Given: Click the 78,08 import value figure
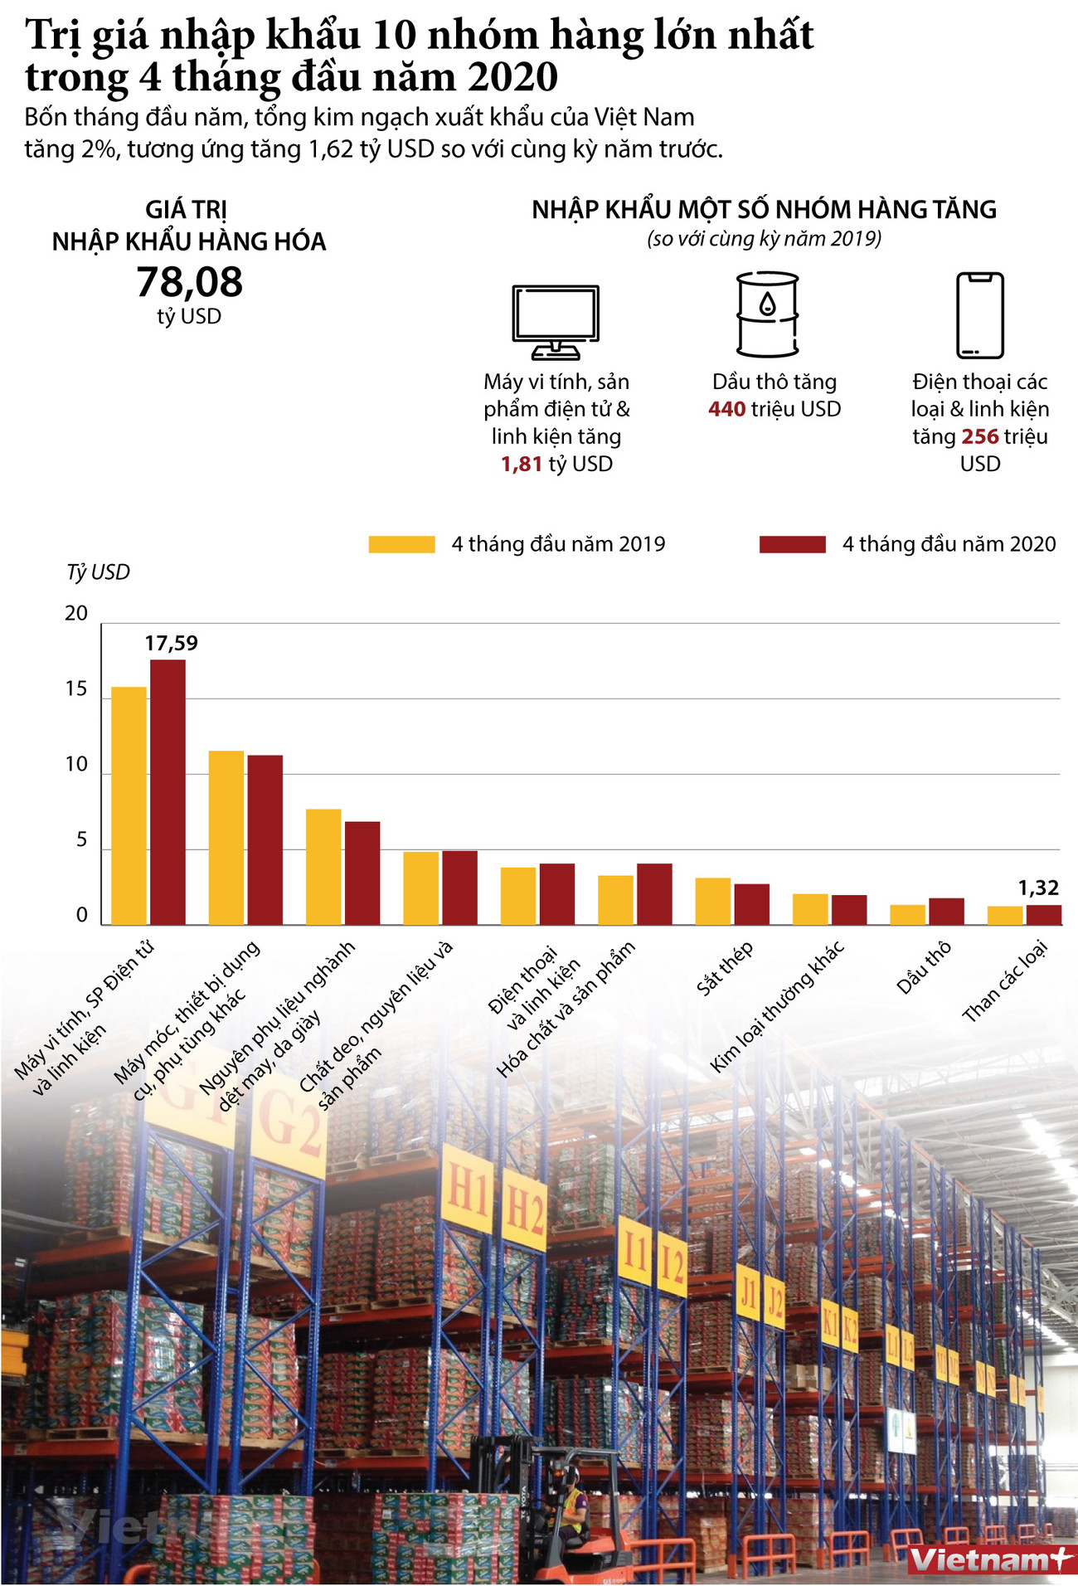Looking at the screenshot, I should point(189,282).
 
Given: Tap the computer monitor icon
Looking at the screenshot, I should point(556,321).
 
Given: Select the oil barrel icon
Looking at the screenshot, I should point(767,314).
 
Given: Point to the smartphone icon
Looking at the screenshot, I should point(979,314).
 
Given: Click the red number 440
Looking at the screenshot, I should point(726,409).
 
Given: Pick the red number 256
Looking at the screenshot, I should point(979,436).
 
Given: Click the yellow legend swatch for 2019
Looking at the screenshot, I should point(401,544).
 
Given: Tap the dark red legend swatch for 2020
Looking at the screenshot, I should point(792,544).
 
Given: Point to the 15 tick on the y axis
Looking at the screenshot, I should point(76,689).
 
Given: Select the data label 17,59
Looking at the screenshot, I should point(172,643).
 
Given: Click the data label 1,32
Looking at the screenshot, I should point(1038,888).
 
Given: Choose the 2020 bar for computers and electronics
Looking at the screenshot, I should point(168,791).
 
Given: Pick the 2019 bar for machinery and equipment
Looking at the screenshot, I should point(226,837).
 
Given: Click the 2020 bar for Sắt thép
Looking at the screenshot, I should point(751,904).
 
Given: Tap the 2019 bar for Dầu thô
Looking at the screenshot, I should point(907,914).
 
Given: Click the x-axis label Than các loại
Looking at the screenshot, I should point(1005,981).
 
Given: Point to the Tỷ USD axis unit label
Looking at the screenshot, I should point(98,572).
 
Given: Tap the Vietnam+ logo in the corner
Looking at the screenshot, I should point(990,1560).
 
